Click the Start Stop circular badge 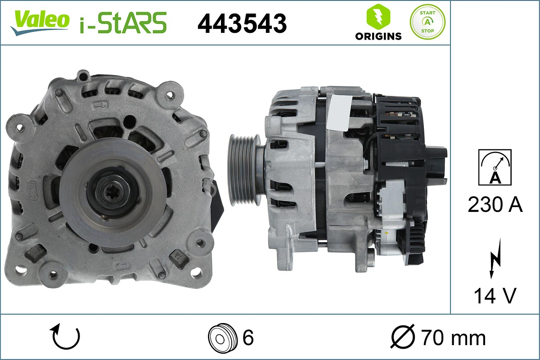coord(427,22)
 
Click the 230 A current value coord(495,205)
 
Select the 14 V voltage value coord(495,296)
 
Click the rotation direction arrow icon coord(66,337)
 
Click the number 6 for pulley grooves coord(248,337)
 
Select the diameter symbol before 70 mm coord(403,337)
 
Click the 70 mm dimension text coord(453,337)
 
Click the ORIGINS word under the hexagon coord(378,36)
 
